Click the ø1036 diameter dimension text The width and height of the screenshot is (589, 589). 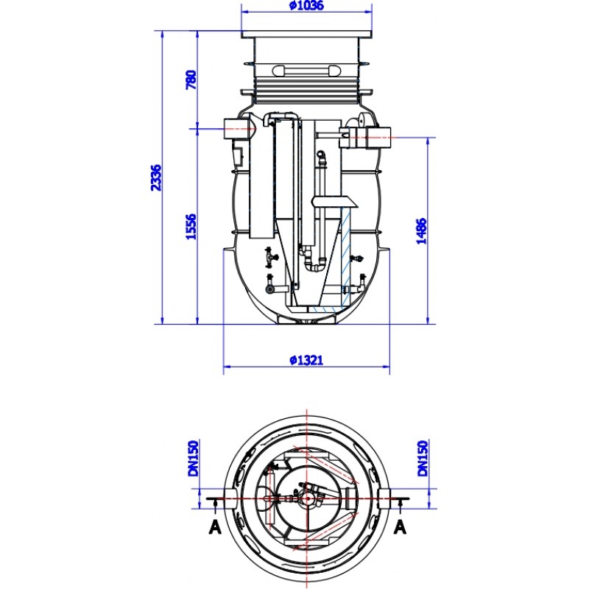point(306,6)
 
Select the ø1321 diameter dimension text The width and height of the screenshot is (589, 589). point(306,360)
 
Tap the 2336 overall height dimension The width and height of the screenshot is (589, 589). point(156,177)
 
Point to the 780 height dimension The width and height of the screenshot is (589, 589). point(191,80)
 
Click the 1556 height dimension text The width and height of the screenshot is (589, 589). point(191,227)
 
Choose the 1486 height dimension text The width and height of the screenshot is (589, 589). point(422,231)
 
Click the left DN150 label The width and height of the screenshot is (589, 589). point(194,458)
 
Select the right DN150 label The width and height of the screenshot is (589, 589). point(423,458)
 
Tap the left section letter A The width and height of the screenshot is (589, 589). point(215,527)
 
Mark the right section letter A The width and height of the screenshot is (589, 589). point(401,527)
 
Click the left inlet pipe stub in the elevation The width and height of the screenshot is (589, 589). point(236,129)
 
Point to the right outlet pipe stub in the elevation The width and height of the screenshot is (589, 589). point(378,138)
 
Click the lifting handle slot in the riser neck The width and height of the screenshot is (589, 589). point(306,70)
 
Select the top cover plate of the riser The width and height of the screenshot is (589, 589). point(306,34)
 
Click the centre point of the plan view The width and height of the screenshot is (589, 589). point(308,499)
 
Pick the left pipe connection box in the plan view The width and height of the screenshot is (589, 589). point(230,499)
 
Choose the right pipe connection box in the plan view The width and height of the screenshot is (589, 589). point(384,499)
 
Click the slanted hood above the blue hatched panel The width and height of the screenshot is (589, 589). point(334,202)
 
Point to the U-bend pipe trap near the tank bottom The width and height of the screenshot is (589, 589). point(316,265)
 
